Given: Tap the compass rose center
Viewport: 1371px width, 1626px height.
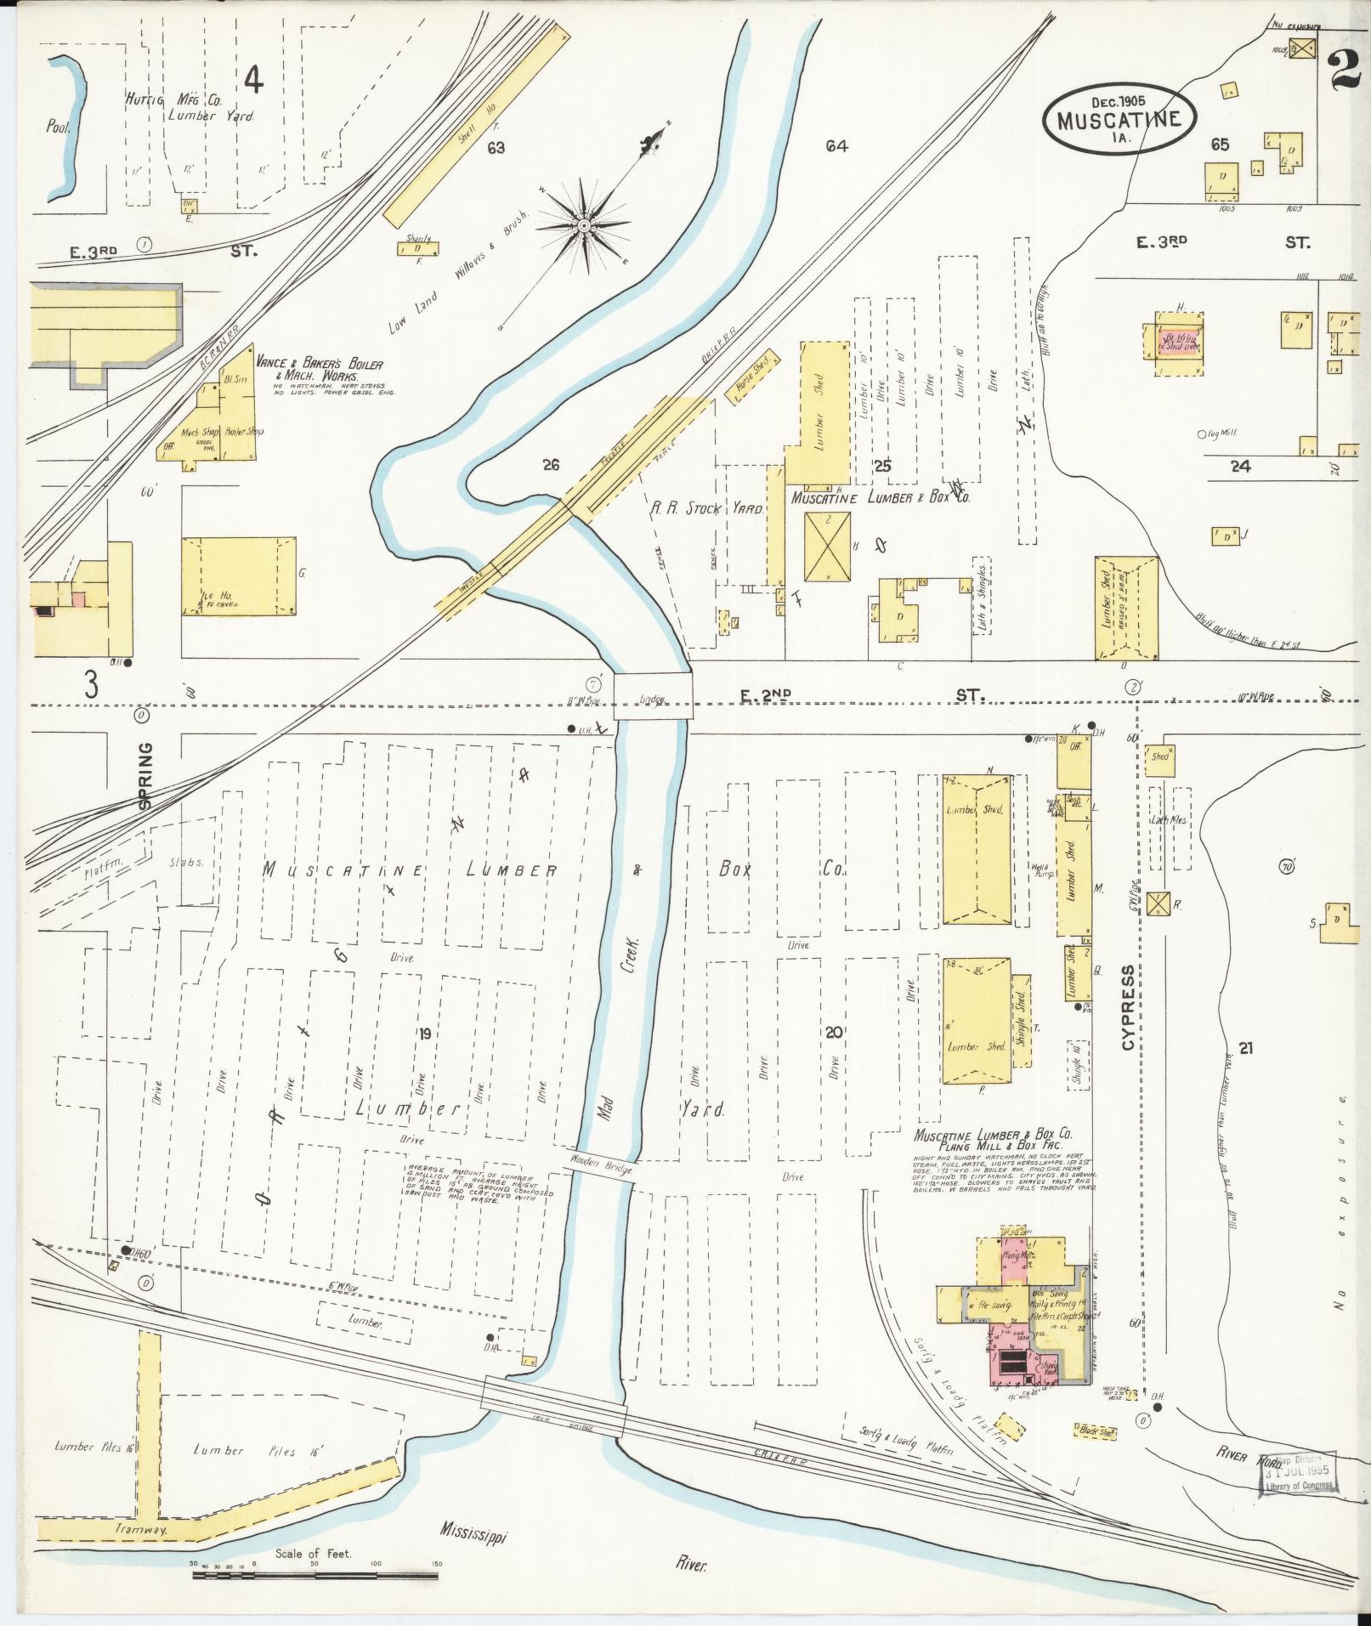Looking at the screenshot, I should [x=585, y=226].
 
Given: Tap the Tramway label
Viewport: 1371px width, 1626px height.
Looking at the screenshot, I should [x=143, y=1530].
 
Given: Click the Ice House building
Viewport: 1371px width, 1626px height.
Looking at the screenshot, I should [x=239, y=575].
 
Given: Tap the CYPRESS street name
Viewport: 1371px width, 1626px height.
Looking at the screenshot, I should [x=1129, y=1007].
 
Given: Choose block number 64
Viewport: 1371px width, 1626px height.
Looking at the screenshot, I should [x=836, y=146].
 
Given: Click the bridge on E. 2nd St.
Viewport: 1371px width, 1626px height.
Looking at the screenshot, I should [x=652, y=696].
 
